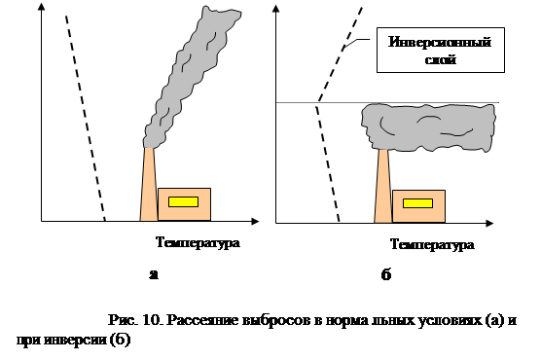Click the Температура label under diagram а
(x=196, y=241)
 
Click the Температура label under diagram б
(x=431, y=244)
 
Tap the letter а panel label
(x=154, y=275)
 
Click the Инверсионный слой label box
(x=438, y=52)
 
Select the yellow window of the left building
(x=183, y=201)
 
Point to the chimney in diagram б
(x=383, y=189)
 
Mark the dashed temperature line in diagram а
(x=85, y=117)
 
